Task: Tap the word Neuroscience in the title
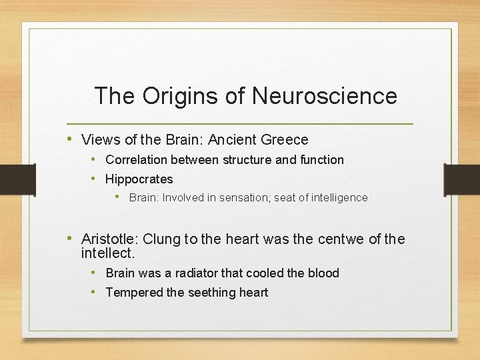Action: pos(325,96)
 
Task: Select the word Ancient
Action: pos(231,140)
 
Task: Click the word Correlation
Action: pos(136,160)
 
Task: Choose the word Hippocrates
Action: pos(139,179)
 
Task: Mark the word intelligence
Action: pos(338,198)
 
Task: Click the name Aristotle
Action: pos(109,239)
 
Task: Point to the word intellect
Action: pos(107,253)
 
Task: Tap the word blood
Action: pos(323,273)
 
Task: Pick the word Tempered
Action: pos(133,293)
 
